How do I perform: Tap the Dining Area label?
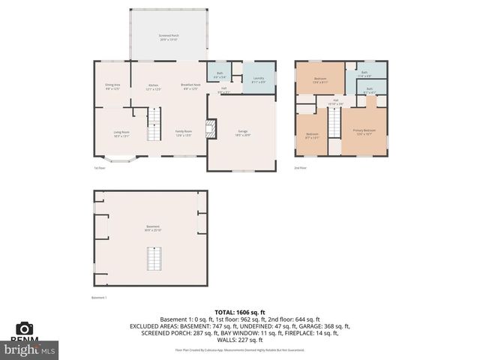113,87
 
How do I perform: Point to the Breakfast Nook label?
190,87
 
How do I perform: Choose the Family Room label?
184,133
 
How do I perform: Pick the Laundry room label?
259,79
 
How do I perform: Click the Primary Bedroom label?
364,131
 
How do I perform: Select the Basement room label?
153,228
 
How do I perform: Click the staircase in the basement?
153,259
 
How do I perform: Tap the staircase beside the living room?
153,124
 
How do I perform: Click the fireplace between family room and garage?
211,129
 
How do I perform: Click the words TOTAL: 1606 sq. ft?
240,312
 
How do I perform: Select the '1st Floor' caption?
99,168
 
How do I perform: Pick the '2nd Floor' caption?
300,168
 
